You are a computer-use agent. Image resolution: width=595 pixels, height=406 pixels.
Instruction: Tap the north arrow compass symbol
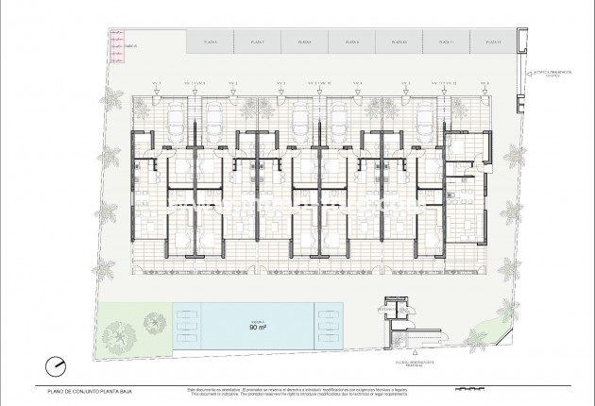(35, 364)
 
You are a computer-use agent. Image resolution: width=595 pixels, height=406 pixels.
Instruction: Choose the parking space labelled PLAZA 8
(304, 42)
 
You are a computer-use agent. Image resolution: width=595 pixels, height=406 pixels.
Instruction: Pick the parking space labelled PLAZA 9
(352, 42)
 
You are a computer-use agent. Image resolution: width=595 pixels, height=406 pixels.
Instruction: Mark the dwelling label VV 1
(157, 84)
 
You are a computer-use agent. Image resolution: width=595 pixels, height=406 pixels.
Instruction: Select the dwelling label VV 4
(357, 84)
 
